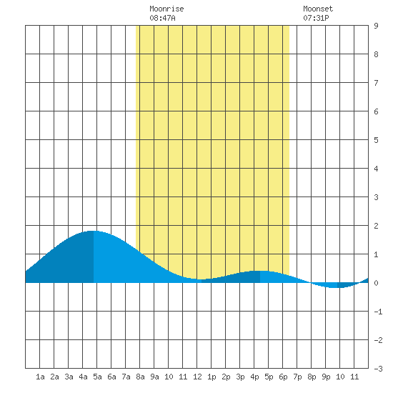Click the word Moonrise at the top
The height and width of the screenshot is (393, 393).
pyautogui.click(x=166, y=9)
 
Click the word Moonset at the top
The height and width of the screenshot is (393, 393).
pyautogui.click(x=318, y=9)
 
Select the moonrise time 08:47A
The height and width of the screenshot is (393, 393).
pyautogui.click(x=162, y=18)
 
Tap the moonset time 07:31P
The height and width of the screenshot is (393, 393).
pyautogui.click(x=316, y=18)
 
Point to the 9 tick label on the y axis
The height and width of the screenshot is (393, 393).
pyautogui.click(x=376, y=26)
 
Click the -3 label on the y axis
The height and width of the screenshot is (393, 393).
pyautogui.click(x=378, y=369)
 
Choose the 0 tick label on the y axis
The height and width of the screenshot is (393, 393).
pyautogui.click(x=376, y=283)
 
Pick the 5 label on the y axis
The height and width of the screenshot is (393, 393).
pyautogui.click(x=376, y=140)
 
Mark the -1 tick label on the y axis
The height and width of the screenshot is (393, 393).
pyautogui.click(x=378, y=312)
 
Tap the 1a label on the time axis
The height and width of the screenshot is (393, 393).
pyautogui.click(x=40, y=377)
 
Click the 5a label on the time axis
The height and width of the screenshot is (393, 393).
pyautogui.click(x=97, y=377)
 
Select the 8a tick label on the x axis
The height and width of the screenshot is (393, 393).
pyautogui.click(x=140, y=377)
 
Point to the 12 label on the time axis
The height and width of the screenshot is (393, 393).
pyautogui.click(x=197, y=377)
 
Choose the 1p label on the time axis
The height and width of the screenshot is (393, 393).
pyautogui.click(x=212, y=377)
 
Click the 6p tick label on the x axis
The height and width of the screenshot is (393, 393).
pyautogui.click(x=283, y=377)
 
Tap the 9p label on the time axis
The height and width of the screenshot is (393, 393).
pyautogui.click(x=326, y=377)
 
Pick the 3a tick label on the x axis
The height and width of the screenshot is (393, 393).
pyautogui.click(x=69, y=377)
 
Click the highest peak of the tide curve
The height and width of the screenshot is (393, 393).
pyautogui.click(x=92, y=231)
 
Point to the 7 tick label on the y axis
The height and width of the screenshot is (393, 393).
pyautogui.click(x=376, y=83)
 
